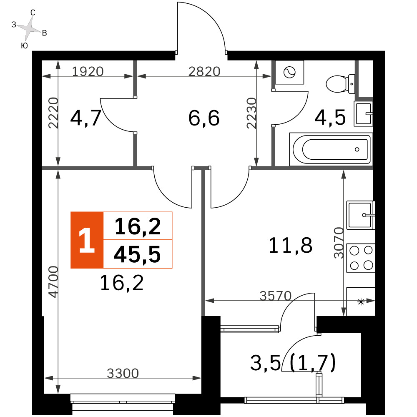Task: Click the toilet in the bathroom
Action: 340,84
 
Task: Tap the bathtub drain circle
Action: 357,149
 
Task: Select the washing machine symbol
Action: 289,72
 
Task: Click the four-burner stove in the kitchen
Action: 361,258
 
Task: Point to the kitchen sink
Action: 361,215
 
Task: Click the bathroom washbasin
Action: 363,113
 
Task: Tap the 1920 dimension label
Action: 88,72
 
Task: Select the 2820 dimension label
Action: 204,72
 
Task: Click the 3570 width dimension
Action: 276,296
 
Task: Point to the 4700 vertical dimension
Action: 53,281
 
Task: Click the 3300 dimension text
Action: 123,373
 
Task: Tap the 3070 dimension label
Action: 339,243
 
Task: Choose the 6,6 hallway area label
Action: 204,118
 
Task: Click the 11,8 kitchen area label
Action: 290,245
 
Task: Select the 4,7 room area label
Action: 85,118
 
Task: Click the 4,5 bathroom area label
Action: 330,118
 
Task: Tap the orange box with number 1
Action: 87,240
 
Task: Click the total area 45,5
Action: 137,254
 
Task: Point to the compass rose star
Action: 29,28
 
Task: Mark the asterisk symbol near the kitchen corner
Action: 361,302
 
